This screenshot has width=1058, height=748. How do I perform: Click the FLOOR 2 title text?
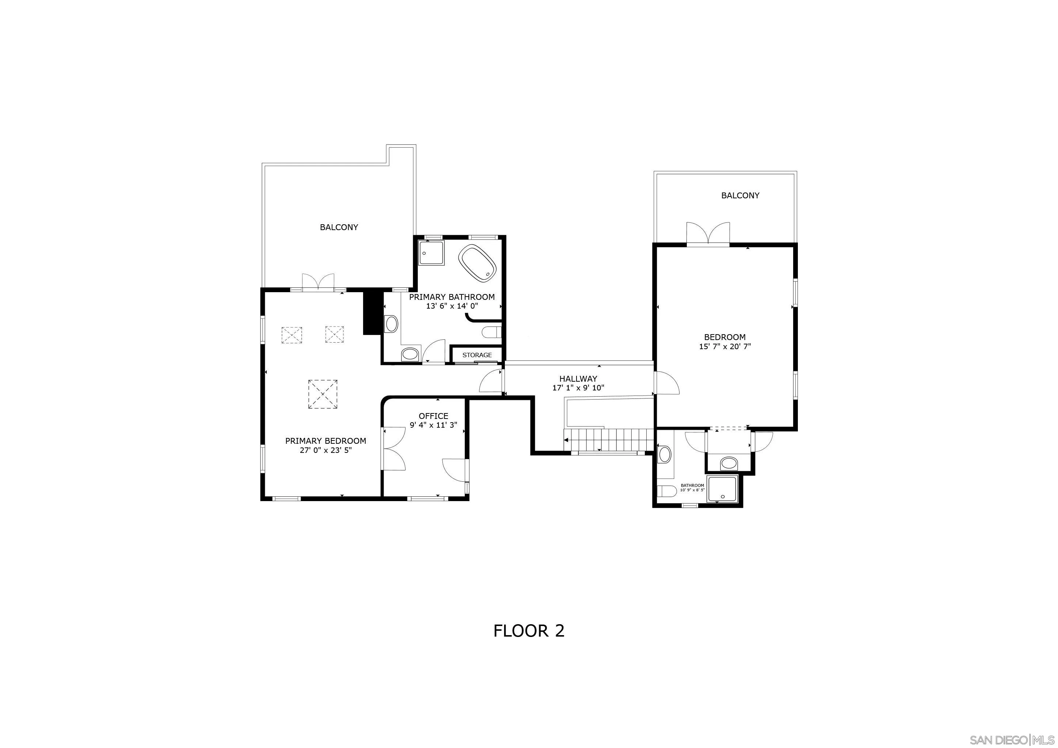coord(529,630)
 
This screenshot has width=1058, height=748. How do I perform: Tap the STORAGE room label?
coord(477,355)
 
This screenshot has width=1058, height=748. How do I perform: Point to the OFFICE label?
coord(433,416)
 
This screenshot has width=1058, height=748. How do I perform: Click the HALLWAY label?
coord(578,379)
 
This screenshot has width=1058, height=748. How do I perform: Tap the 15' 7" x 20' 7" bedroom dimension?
coord(725,346)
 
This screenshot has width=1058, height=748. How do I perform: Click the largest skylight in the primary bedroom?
coord(323,394)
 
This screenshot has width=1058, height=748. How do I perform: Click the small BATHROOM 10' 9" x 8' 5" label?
coord(693,487)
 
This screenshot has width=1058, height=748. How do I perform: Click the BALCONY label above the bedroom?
coord(740,195)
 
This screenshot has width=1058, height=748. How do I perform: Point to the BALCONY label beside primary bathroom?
coord(339,227)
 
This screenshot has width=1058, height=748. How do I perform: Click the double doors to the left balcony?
coord(318,282)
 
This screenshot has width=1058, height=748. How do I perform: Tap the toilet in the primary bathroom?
coord(491,332)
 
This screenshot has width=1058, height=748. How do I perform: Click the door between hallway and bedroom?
coord(666,383)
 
